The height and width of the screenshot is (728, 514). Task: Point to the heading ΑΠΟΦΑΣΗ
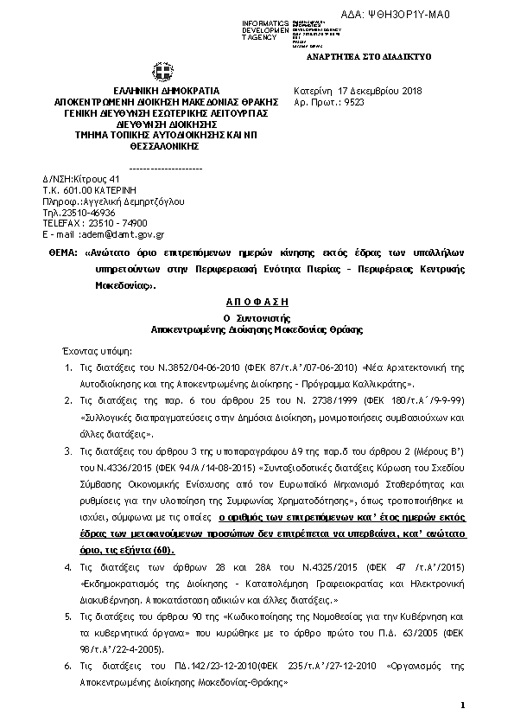[256, 303]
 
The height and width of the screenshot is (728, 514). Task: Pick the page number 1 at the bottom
[463, 707]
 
